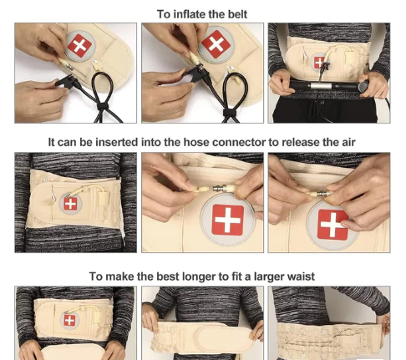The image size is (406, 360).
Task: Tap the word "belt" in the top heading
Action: point(237,14)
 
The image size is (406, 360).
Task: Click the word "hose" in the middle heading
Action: point(195,142)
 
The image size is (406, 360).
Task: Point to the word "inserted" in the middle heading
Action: point(116,142)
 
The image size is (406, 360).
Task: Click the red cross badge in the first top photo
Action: point(79,45)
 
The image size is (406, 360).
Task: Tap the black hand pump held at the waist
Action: point(328,85)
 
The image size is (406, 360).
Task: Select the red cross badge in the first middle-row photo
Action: point(70,204)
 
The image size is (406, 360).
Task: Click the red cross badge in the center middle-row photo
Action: point(227,220)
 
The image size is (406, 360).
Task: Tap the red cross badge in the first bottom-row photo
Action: point(69,320)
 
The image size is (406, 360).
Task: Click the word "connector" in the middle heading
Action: point(238,142)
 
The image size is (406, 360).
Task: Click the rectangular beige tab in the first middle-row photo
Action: point(102,196)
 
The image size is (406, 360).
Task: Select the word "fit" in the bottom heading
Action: point(236,276)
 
